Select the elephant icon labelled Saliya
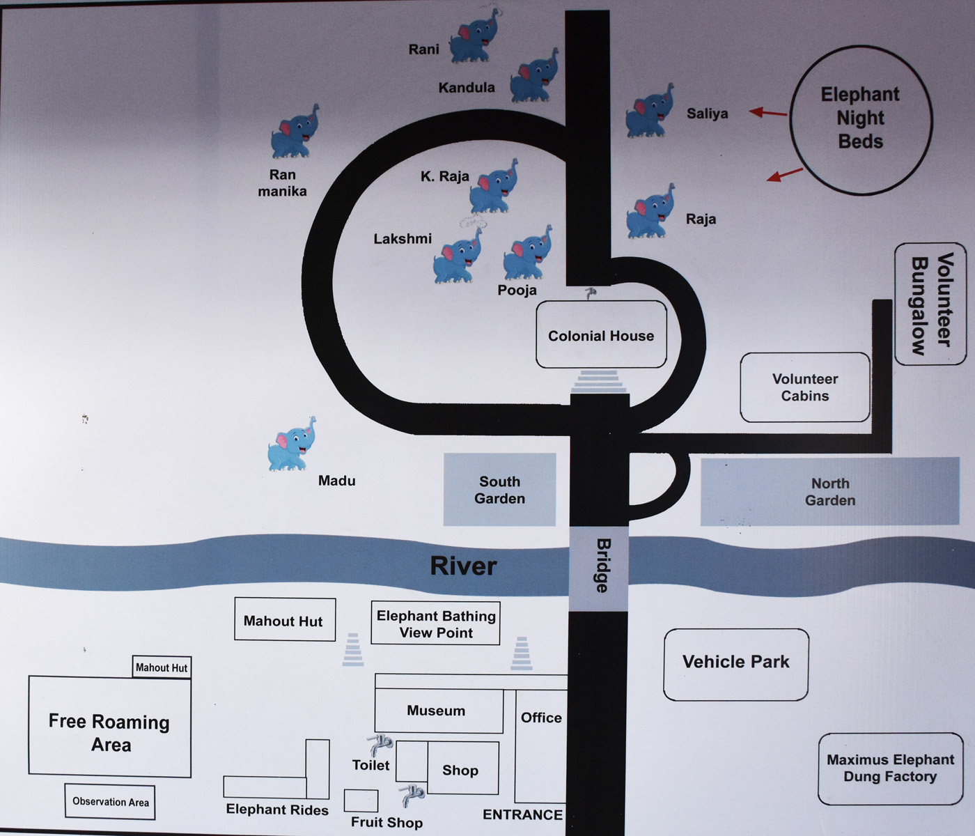(x=649, y=111)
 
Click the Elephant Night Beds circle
(x=861, y=119)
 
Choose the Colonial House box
(x=601, y=335)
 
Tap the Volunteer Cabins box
(x=805, y=387)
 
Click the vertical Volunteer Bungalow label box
(x=930, y=304)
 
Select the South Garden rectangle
(x=499, y=490)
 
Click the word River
(x=463, y=566)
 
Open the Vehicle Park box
(x=735, y=663)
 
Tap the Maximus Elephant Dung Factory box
(x=890, y=768)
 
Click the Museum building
(x=437, y=711)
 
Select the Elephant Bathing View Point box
(x=436, y=624)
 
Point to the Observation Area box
(x=110, y=802)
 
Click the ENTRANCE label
(x=522, y=814)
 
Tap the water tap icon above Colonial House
(x=591, y=293)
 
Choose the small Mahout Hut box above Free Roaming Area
(x=162, y=667)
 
